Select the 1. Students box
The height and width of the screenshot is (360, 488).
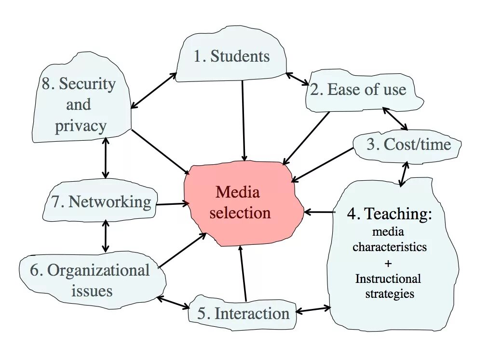click(231, 56)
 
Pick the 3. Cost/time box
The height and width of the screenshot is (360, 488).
click(408, 145)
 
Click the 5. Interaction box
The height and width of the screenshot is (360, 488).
click(243, 314)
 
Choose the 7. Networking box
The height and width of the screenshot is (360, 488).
click(101, 201)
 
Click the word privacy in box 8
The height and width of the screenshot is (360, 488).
click(81, 126)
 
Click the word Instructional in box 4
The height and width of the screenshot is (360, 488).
click(388, 279)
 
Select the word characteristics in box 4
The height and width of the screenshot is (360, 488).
click(390, 247)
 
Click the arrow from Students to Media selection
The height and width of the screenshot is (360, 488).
click(244, 120)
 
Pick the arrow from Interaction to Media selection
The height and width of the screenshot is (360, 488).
click(243, 273)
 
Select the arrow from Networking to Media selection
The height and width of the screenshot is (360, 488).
click(172, 204)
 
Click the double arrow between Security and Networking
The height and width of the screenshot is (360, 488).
click(106, 158)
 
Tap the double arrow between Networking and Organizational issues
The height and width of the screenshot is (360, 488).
click(106, 236)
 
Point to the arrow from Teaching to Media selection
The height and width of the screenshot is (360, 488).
click(319, 212)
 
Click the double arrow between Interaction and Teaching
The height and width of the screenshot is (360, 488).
click(313, 309)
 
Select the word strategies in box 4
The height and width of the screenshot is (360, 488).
click(389, 293)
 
